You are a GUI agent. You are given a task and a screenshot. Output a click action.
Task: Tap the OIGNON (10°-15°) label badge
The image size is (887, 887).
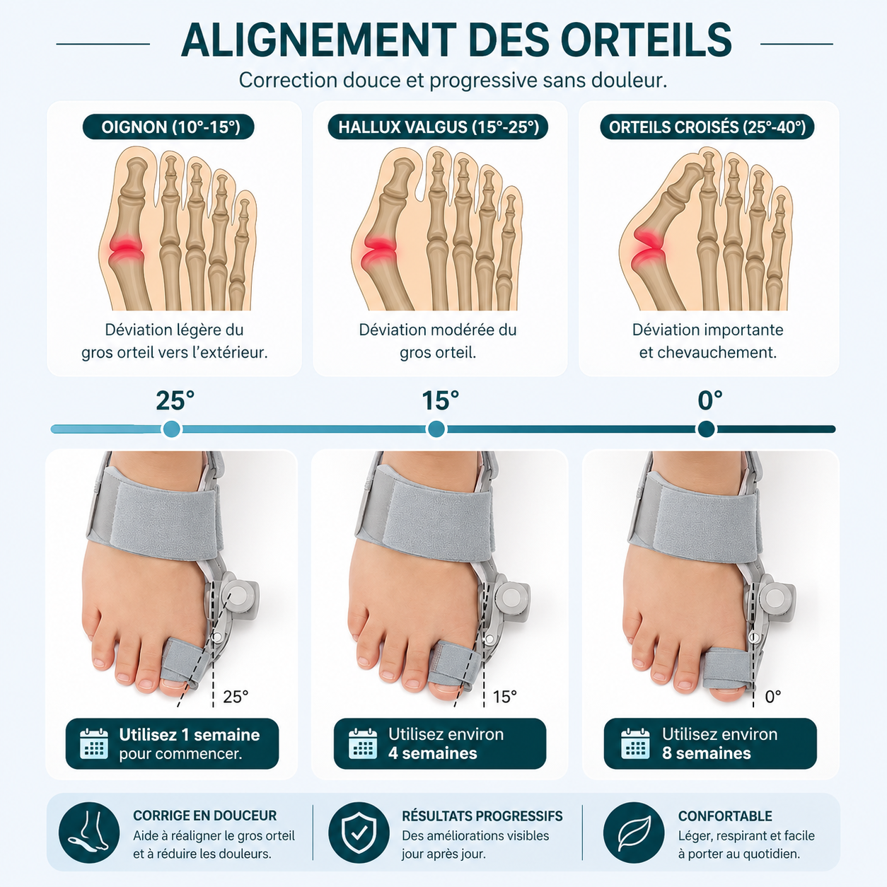tap(168, 127)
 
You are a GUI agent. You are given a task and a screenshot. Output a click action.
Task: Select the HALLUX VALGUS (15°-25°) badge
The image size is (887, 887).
tap(438, 127)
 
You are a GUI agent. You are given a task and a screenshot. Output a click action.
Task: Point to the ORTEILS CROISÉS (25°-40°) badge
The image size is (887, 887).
tap(707, 127)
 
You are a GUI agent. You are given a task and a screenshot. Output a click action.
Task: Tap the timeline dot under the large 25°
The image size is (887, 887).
tap(172, 429)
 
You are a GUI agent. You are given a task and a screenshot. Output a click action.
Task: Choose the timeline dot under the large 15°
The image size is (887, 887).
tap(436, 429)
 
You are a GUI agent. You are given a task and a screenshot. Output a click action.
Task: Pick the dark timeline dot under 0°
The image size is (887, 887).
tap(707, 429)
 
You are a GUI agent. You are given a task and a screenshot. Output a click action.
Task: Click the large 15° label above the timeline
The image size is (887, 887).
tap(441, 400)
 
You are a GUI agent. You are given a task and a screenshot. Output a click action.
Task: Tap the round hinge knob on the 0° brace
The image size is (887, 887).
tap(775, 598)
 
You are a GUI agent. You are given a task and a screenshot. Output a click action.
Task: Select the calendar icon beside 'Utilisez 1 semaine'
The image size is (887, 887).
tap(94, 744)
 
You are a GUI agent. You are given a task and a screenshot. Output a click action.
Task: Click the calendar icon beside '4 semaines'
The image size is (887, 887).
tap(363, 744)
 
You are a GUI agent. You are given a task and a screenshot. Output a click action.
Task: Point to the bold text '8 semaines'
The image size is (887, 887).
tap(707, 753)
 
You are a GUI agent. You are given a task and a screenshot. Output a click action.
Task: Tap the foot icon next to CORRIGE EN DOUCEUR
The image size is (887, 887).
tap(89, 833)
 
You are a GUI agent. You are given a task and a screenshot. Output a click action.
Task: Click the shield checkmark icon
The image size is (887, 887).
tap(359, 833)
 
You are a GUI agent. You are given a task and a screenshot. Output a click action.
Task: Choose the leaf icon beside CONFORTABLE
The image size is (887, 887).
tap(634, 833)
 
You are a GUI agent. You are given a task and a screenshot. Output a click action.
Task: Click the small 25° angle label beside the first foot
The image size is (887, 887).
tap(236, 697)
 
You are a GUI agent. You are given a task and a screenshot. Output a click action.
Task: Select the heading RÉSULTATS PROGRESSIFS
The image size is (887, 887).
tap(482, 816)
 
